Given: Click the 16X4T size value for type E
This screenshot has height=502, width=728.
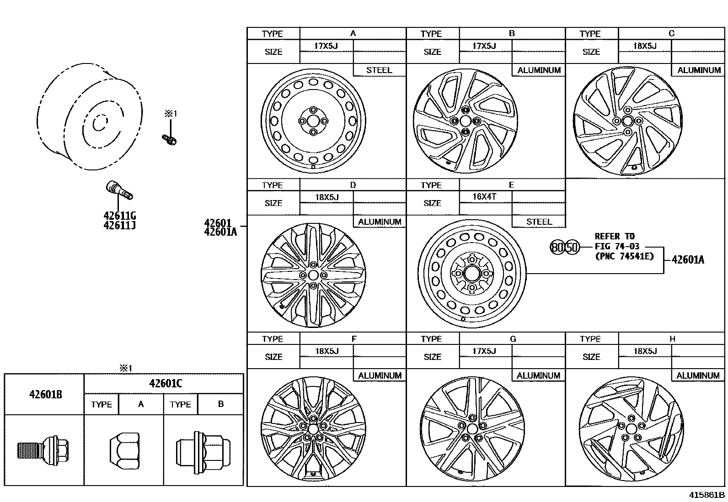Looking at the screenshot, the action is coord(484,196).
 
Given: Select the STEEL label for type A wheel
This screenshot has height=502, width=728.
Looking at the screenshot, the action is coord(379,70).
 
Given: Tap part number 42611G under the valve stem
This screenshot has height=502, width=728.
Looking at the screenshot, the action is coord(120,216).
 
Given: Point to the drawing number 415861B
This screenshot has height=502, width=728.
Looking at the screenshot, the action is coord(707,495).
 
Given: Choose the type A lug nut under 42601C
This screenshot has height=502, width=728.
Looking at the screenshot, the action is coord(124,451).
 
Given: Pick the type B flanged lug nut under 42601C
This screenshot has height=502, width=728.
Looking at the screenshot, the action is coord(203,452).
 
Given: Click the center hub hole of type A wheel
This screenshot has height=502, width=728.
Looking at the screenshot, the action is coord(313,121).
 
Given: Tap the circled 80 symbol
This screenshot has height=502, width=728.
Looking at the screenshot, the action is coord(557,248).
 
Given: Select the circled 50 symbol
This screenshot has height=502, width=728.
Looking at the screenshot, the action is coord(572,248).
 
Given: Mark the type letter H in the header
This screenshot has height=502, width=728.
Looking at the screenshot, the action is coord(672,338).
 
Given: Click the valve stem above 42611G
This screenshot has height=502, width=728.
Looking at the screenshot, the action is coord(119,190).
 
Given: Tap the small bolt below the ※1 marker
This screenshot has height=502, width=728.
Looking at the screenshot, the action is coord(169,140).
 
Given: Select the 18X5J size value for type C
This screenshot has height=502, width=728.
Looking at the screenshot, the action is coord(645,46).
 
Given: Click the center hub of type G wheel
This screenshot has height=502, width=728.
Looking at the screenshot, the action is coord(472,428).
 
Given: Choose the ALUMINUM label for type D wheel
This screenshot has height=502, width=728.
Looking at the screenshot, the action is coord(380,222).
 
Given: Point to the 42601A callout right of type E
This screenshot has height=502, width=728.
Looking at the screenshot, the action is coord(688,260).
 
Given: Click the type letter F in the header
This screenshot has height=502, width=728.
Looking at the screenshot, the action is coord(354,338).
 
